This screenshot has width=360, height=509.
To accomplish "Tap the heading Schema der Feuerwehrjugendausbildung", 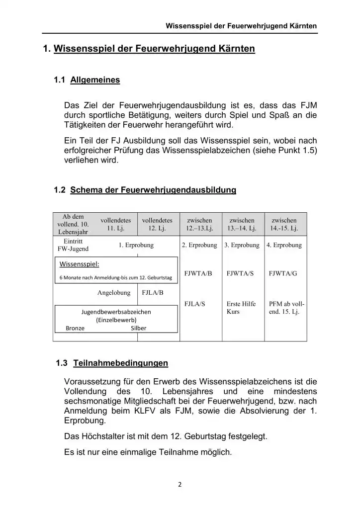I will [x=153, y=190].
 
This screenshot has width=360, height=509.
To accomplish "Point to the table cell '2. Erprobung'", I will [x=199, y=245].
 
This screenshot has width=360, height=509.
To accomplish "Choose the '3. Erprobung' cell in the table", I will [x=242, y=245].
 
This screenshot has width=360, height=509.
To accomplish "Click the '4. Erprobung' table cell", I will [x=284, y=245].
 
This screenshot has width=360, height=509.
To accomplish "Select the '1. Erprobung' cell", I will [x=136, y=245].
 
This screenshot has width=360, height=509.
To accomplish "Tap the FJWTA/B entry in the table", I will [x=198, y=273].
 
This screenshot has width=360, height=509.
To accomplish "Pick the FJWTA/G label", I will [x=283, y=273].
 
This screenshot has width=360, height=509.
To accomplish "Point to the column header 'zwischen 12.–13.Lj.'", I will [x=199, y=224].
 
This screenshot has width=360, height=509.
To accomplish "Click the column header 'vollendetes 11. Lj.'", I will [x=115, y=224].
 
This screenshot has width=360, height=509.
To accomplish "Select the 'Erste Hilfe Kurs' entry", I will [x=241, y=307].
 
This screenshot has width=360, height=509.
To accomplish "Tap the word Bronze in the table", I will [x=75, y=328].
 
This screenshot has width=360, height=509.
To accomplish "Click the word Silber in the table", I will [x=138, y=328].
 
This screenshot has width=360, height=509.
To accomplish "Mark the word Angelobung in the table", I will [x=114, y=293].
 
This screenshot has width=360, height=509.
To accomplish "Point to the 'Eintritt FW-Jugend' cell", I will [x=73, y=245].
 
